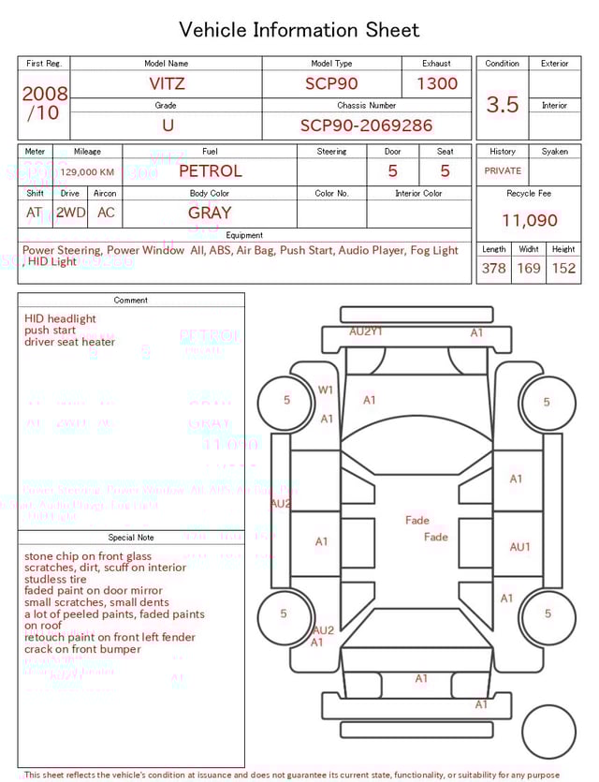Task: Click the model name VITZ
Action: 167,83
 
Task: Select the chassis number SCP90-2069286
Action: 366,125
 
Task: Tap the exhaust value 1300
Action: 437,83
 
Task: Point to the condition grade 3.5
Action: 503,105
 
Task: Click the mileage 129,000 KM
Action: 87,172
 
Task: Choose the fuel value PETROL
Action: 210,171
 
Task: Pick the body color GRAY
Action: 210,213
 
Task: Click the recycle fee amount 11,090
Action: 529,221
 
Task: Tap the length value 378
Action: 493,269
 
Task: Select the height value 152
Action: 563,269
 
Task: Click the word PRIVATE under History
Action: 503,171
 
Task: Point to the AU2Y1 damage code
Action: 366,332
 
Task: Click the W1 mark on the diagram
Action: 326,390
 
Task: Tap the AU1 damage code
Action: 519,547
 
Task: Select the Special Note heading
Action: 131,538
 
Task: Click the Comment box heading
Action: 131,301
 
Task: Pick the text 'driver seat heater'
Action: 70,342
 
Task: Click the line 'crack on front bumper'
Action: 82,649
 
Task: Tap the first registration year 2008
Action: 44,95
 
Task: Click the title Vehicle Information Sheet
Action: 299,30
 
